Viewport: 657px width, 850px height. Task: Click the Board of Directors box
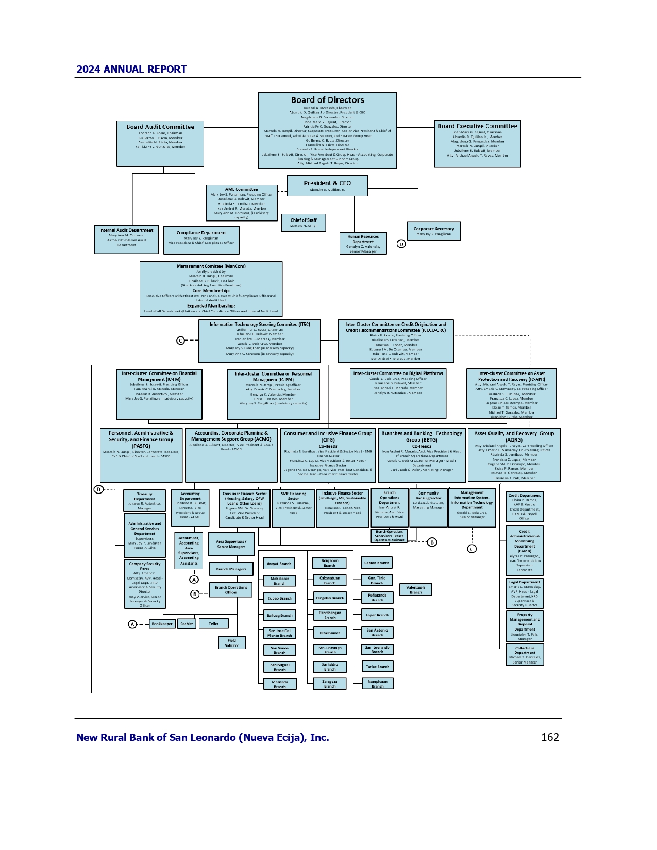click(x=327, y=130)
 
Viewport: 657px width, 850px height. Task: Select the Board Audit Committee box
click(x=160, y=144)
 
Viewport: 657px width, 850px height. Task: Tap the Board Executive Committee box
click(x=477, y=144)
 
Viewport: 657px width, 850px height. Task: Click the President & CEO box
click(x=327, y=185)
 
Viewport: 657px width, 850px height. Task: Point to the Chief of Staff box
click(x=304, y=223)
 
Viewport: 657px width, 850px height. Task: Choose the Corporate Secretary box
click(x=433, y=231)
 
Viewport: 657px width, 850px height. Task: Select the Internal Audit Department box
click(x=126, y=240)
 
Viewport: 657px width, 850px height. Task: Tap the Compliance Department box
click(x=201, y=240)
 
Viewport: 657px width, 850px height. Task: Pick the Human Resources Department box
click(x=363, y=244)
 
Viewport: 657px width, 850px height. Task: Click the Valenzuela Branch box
click(x=415, y=590)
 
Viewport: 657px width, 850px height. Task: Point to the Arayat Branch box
click(x=279, y=564)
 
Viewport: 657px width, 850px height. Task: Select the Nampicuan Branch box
click(x=377, y=684)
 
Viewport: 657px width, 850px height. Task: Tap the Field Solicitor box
click(x=231, y=643)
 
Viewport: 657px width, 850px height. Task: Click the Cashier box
click(x=187, y=624)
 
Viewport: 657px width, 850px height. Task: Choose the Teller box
click(x=213, y=624)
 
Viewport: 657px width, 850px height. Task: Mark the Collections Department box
click(x=525, y=655)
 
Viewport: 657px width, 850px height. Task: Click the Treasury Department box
click(x=144, y=501)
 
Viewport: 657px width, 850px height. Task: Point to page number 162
click(x=550, y=737)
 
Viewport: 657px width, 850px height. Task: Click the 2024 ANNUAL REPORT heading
click(x=131, y=70)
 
